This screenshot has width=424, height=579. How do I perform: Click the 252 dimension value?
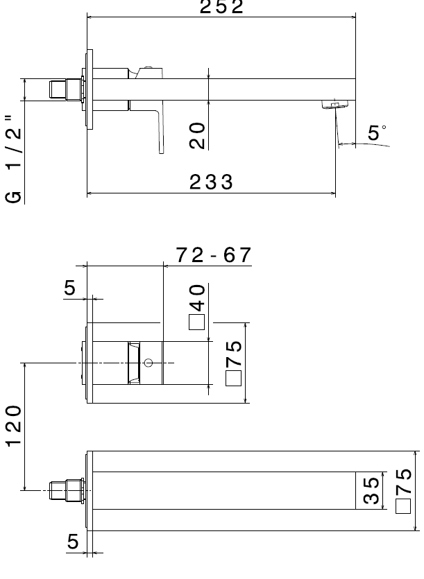[x=221, y=7]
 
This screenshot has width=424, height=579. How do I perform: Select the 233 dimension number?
[x=211, y=182]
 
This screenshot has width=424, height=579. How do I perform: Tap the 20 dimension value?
[x=197, y=135]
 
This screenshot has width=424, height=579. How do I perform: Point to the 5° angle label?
[x=377, y=132]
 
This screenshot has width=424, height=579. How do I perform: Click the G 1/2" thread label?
[x=14, y=159]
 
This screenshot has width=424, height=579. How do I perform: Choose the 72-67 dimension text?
[x=213, y=254]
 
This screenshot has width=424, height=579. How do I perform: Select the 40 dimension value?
[x=197, y=298]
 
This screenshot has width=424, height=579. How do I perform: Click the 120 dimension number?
[x=14, y=426]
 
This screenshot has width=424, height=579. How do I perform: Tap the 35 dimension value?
[x=371, y=491]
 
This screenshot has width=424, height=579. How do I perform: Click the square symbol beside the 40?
[x=196, y=322]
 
